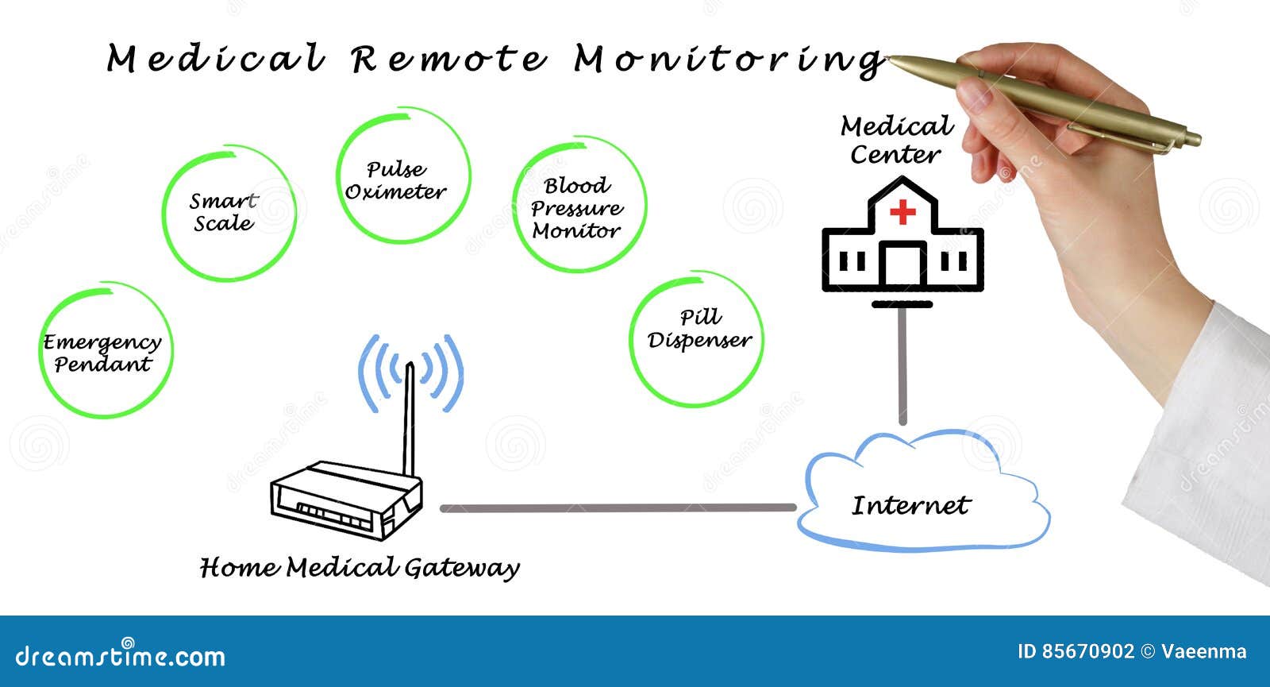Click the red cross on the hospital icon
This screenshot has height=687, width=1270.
tap(902, 212)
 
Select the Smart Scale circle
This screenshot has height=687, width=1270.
tap(228, 213)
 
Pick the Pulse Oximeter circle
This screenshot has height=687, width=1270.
tap(402, 178)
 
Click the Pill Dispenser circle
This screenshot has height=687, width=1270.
tap(698, 338)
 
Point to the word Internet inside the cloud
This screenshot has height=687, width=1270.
tap(910, 505)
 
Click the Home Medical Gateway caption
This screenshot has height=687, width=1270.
tap(360, 567)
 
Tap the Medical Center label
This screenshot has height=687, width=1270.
tap(896, 140)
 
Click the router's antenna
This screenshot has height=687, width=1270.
tap(409, 421)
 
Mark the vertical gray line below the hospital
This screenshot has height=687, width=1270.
tap(902, 365)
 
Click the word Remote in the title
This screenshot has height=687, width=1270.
tap(449, 60)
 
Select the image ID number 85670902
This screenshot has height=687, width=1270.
tap(1087, 652)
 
